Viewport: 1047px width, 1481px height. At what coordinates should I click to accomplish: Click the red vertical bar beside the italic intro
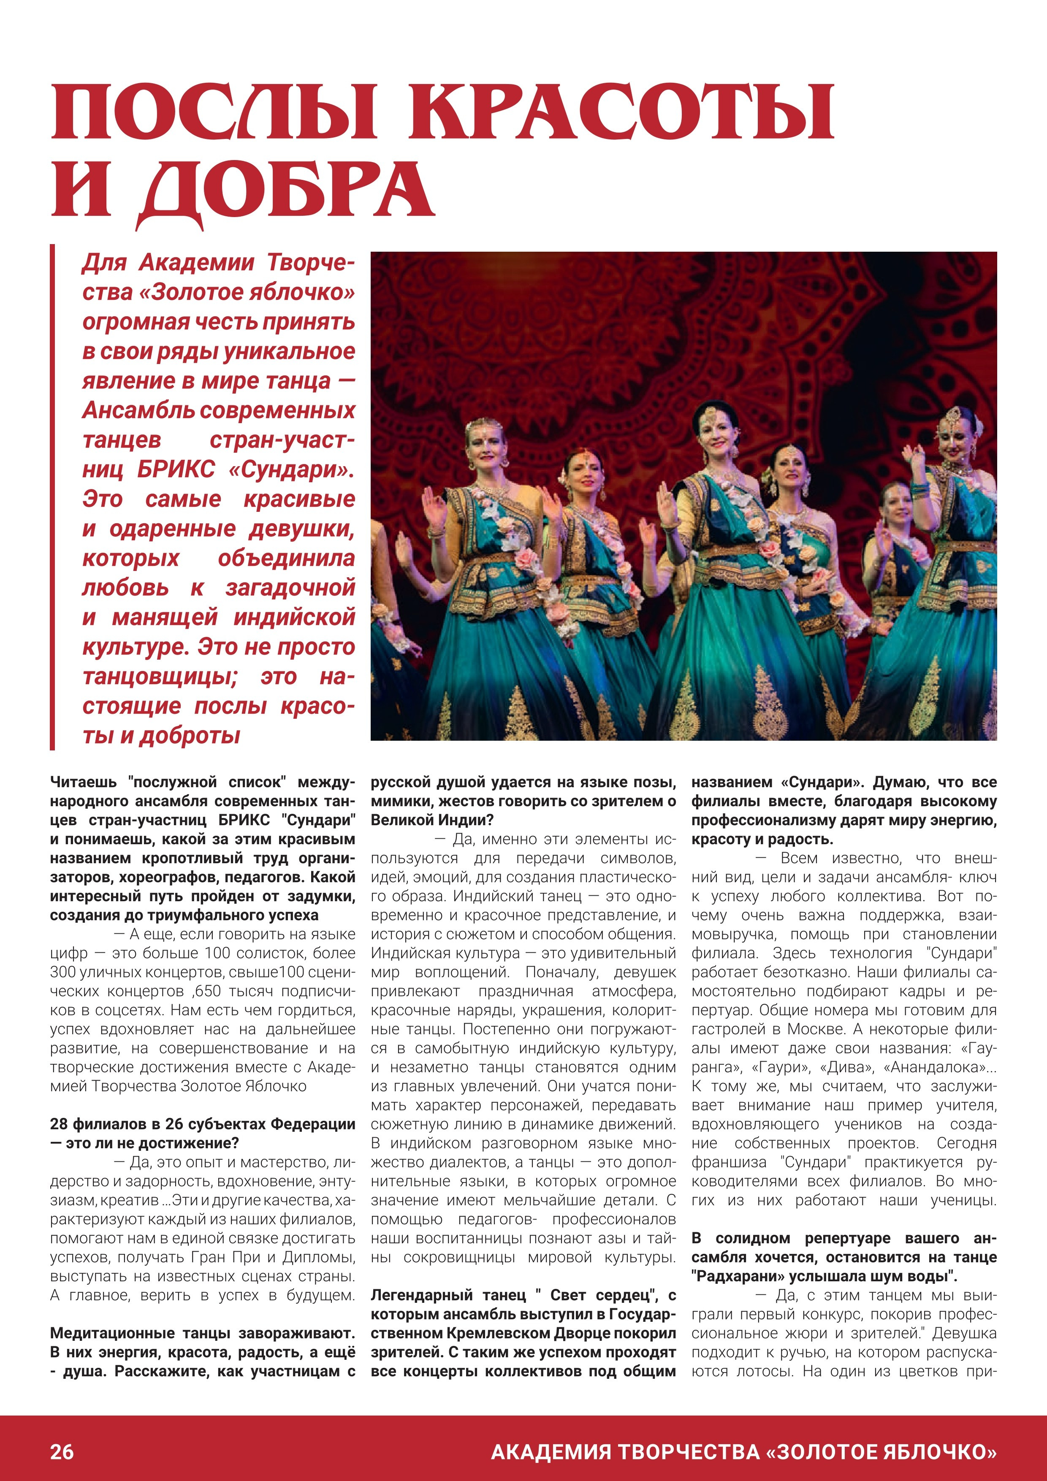(x=52, y=497)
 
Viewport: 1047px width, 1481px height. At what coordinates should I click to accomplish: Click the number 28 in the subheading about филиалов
(x=59, y=1124)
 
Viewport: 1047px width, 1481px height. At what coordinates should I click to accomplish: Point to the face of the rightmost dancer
(x=957, y=437)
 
